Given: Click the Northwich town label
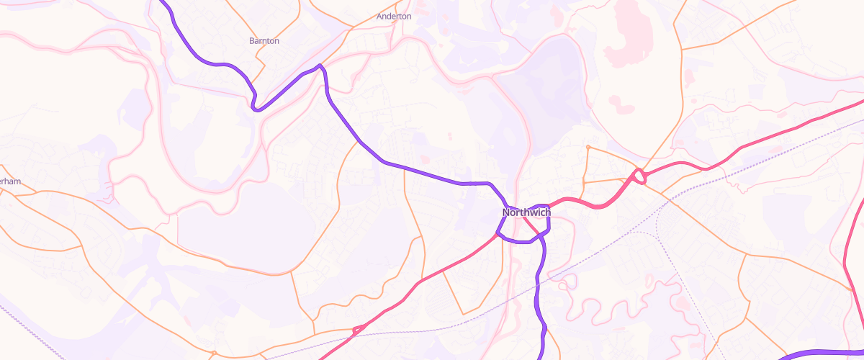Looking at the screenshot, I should click(x=526, y=212).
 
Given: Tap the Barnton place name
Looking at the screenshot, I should click(x=264, y=41).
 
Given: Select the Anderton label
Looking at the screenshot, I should click(x=394, y=16).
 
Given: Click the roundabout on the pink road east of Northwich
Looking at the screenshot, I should click(x=638, y=175).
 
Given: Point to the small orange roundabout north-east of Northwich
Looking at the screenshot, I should click(x=588, y=148).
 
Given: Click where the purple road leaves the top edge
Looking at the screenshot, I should click(x=161, y=1).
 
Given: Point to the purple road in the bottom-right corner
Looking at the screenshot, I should click(x=828, y=352).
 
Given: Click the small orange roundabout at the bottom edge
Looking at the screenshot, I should click(x=214, y=354).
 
